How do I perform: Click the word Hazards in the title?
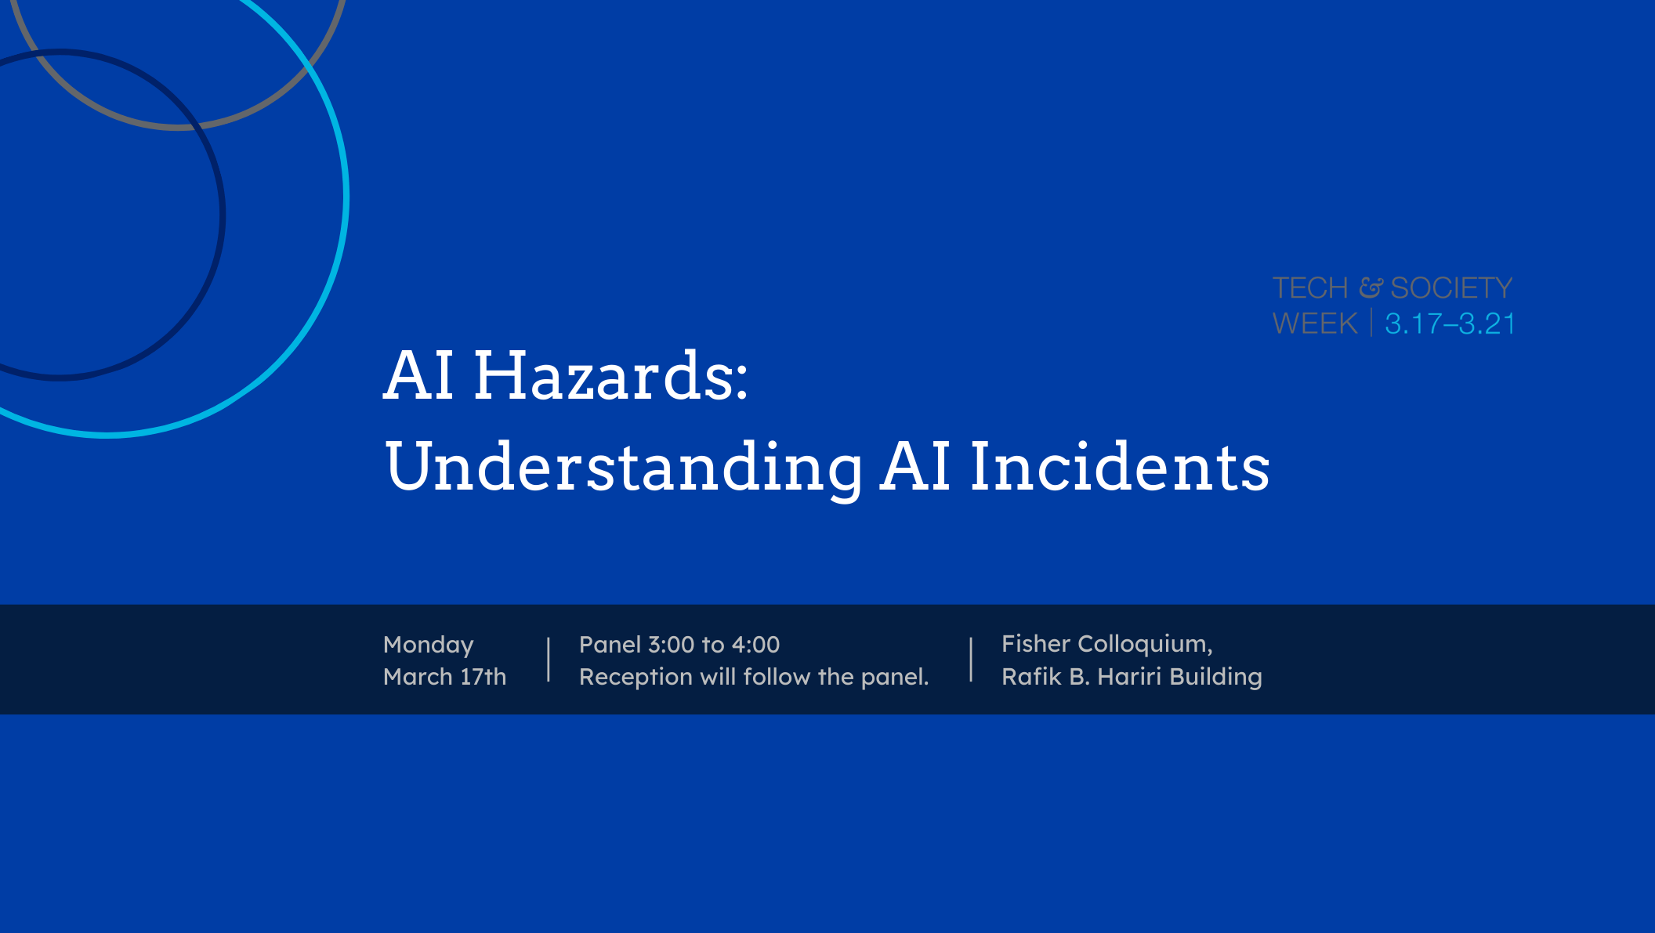pos(610,376)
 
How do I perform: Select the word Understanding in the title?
pos(624,467)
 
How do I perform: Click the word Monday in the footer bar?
pos(428,645)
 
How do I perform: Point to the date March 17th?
pos(444,677)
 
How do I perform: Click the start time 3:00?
pos(671,645)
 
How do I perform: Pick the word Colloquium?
pos(1144,644)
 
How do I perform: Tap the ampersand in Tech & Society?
pos(1370,287)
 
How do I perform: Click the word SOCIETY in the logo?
pos(1451,288)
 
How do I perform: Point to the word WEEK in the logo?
pos(1315,324)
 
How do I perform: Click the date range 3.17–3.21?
pos(1450,324)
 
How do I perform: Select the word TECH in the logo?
pos(1310,288)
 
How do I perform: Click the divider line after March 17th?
pos(549,660)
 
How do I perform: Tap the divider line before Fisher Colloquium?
pos(971,660)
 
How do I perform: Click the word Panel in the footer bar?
pos(610,645)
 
